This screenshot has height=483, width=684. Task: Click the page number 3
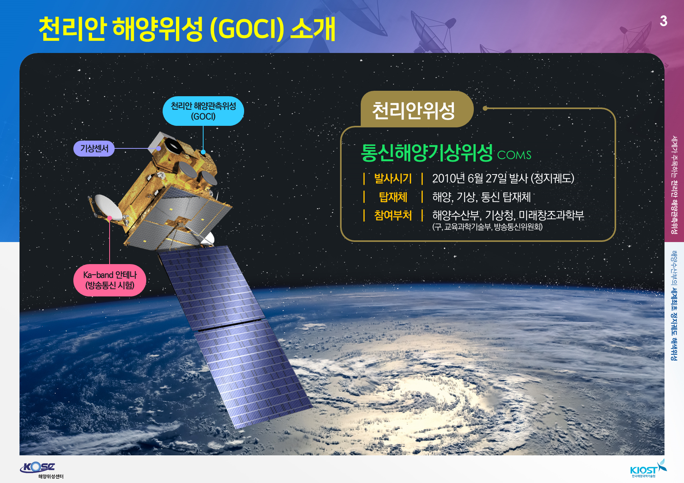click(663, 21)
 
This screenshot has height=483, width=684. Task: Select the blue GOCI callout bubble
click(203, 111)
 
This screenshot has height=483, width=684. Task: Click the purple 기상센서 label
click(94, 148)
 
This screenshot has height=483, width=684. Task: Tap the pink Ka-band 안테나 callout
click(110, 280)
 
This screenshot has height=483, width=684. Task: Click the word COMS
click(514, 155)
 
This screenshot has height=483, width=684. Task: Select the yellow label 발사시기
click(393, 178)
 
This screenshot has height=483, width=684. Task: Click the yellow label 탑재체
click(393, 197)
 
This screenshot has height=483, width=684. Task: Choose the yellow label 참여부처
click(393, 215)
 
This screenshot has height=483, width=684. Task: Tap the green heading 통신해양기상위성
click(427, 152)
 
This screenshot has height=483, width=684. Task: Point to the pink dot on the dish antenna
click(110, 218)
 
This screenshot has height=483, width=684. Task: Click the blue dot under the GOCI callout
click(203, 152)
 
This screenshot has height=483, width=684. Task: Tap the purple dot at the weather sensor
click(159, 148)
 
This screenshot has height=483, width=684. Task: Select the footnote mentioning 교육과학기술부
click(487, 227)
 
